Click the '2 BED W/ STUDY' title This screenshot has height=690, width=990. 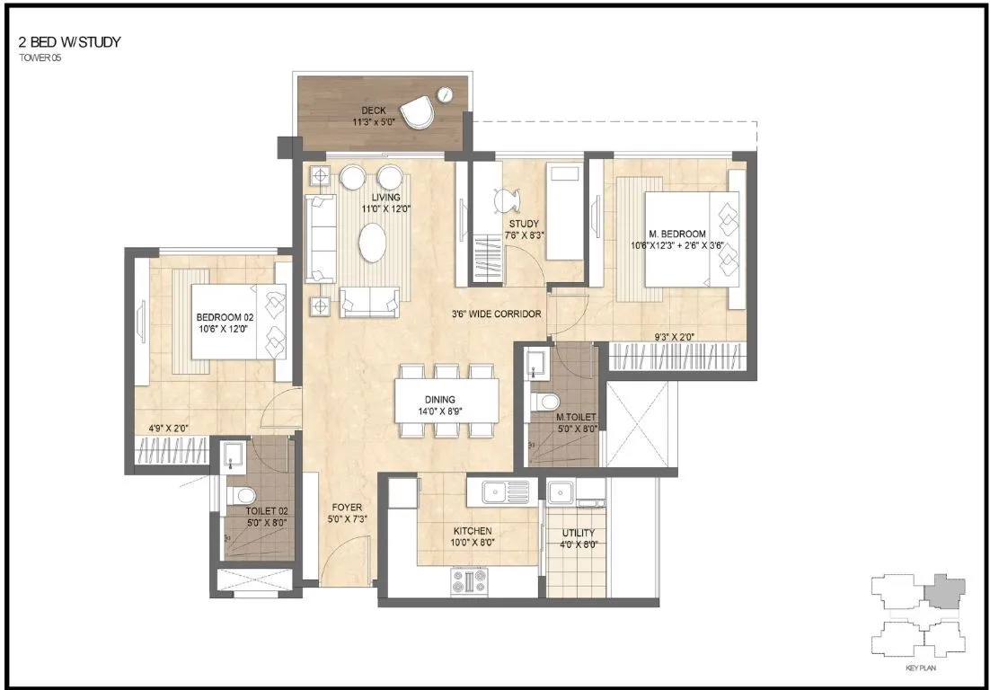point(69,41)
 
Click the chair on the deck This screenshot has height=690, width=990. point(416,112)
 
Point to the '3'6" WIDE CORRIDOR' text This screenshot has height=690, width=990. point(497,314)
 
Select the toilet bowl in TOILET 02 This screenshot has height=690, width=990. point(238,494)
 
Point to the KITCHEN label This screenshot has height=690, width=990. point(473,531)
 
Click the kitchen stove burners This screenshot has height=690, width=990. point(469,581)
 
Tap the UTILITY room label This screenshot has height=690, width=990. point(579,533)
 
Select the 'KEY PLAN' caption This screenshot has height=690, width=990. point(915,669)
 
